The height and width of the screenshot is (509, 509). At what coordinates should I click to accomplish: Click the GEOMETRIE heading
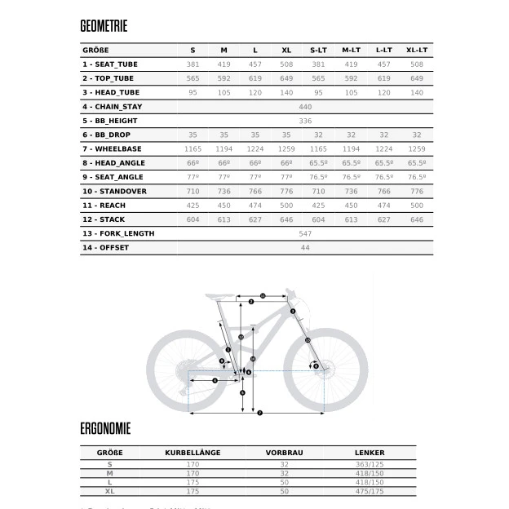[104, 26]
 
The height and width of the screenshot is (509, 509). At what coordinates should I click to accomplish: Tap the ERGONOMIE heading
[105, 427]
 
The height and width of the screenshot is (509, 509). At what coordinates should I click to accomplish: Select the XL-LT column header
[416, 50]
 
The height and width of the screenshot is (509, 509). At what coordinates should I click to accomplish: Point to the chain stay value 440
[306, 106]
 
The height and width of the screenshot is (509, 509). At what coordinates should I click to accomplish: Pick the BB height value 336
[306, 120]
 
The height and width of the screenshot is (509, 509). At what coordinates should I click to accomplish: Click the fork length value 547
[306, 233]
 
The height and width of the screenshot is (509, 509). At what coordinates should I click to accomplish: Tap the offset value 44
[306, 247]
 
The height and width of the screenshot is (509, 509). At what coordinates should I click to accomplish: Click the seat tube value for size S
[193, 64]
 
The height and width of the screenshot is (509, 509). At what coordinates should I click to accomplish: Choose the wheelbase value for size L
[254, 148]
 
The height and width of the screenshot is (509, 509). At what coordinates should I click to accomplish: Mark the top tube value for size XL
[285, 77]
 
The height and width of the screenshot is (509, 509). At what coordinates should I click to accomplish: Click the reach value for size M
[224, 205]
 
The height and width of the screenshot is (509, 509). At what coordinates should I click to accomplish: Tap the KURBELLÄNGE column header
[193, 452]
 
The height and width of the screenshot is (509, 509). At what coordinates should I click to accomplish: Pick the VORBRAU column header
[284, 452]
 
